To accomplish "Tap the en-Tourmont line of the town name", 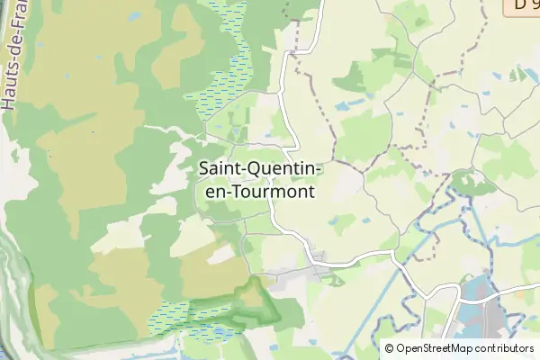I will (256, 191).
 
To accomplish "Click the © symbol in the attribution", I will (389, 348).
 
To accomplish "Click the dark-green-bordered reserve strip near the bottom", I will (243, 306).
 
